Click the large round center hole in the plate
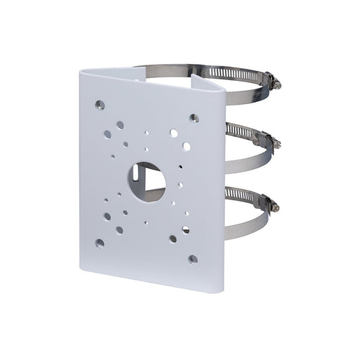(x=146, y=180)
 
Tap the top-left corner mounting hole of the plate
(x=100, y=105)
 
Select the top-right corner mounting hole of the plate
(x=194, y=117)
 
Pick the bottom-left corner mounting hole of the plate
(x=99, y=243)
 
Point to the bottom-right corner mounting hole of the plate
(x=193, y=259)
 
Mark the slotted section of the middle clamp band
(x=243, y=130)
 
